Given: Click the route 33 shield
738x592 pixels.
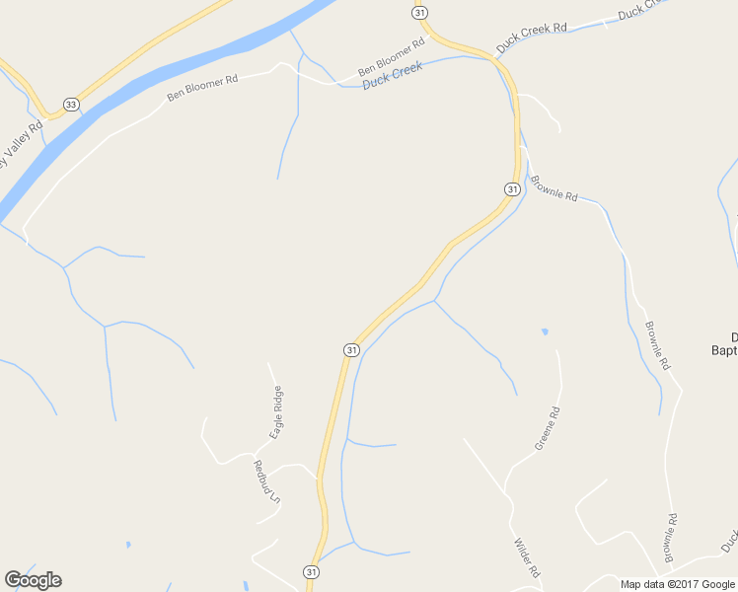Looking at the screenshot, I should [70, 104].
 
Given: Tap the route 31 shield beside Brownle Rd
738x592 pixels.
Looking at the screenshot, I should [512, 188].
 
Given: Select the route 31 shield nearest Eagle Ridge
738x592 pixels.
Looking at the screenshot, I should [351, 350].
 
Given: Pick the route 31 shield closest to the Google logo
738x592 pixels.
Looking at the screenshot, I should [311, 571].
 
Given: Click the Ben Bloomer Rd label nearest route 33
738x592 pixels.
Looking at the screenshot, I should [202, 89].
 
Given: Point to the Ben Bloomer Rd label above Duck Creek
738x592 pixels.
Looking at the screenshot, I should [391, 57].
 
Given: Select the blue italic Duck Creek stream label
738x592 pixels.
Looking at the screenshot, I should [392, 75].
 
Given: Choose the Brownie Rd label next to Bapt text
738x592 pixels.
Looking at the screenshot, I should [657, 345].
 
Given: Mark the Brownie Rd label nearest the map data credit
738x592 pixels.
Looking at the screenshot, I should [671, 538].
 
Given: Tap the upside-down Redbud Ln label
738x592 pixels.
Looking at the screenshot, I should [267, 483].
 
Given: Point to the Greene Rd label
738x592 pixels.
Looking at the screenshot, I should [548, 428].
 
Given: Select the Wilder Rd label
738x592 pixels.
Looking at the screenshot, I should [527, 557].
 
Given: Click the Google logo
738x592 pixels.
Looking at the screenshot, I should [33, 580].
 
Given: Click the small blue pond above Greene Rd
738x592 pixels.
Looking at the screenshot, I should [545, 332].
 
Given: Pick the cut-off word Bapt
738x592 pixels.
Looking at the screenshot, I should [724, 348].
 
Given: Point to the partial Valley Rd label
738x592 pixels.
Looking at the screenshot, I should [22, 145].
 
